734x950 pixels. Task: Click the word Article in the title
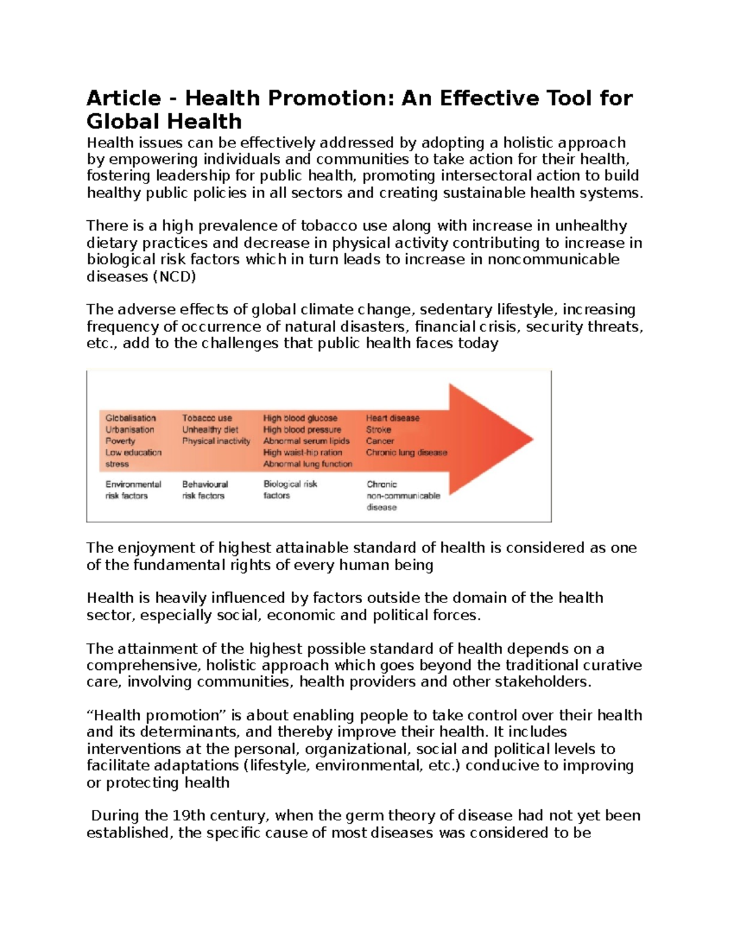point(124,98)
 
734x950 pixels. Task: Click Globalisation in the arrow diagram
point(130,418)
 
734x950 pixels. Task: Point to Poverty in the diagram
point(120,441)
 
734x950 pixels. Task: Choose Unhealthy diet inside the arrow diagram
point(210,429)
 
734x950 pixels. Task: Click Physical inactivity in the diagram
point(216,441)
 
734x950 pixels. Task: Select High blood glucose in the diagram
point(300,418)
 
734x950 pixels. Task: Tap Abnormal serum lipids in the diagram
point(306,441)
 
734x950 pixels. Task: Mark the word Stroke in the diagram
point(378,429)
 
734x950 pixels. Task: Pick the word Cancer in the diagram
point(380,441)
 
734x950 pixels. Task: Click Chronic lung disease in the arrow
point(406,453)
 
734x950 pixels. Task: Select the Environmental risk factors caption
point(133,490)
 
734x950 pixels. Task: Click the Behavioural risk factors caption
point(204,490)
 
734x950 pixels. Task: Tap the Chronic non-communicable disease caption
point(402,495)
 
